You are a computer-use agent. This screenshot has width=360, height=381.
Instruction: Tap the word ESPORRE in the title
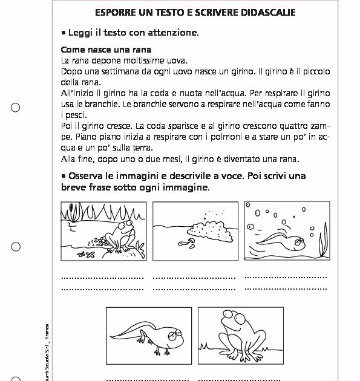(116, 13)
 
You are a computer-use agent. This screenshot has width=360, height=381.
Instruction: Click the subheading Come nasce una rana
(106, 50)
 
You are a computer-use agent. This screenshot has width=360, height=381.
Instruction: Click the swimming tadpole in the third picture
(284, 241)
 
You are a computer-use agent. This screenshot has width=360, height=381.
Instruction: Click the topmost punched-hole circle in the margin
(16, 108)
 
